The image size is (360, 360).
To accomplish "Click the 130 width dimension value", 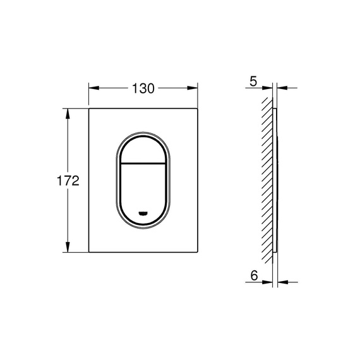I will tap(143, 88).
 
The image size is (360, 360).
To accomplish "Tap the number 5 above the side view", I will tap(253, 81).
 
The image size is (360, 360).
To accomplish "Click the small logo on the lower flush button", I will tap(143, 213).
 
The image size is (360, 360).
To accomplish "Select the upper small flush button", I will tap(143, 148).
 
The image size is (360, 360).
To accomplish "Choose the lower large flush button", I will tap(143, 189).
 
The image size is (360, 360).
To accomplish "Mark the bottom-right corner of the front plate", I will tap(197, 253).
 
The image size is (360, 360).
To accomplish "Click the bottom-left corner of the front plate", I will tap(88, 253).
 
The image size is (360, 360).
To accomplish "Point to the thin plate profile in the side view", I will tap(275, 181).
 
